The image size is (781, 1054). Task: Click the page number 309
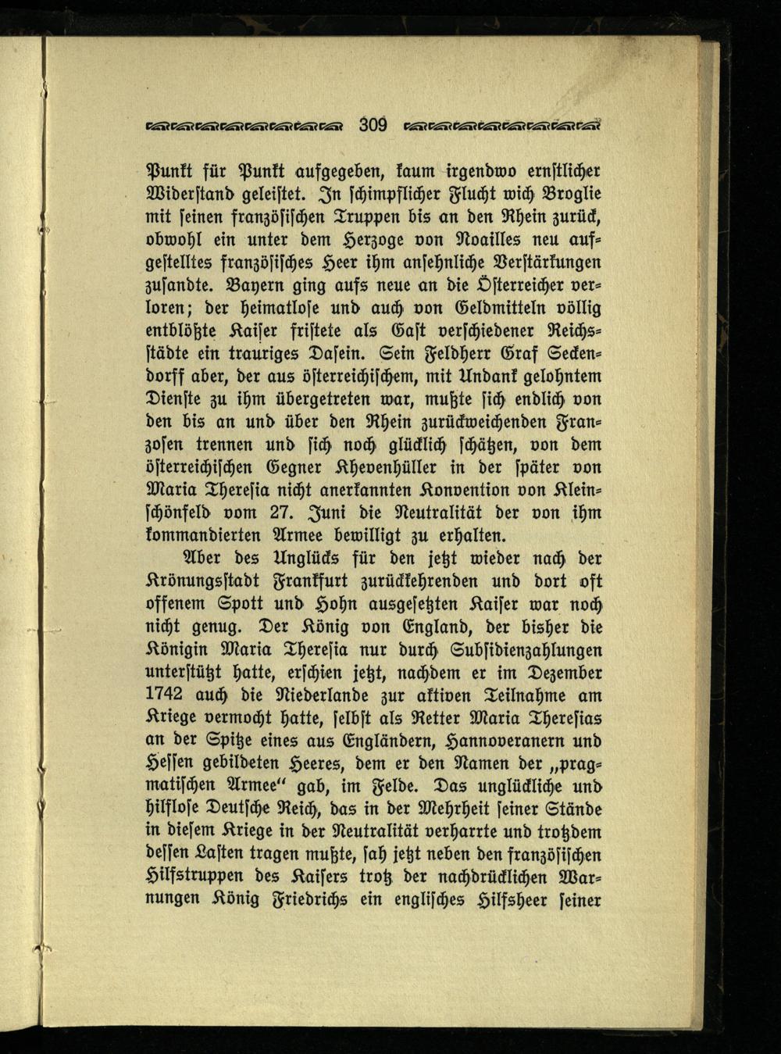(x=373, y=123)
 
